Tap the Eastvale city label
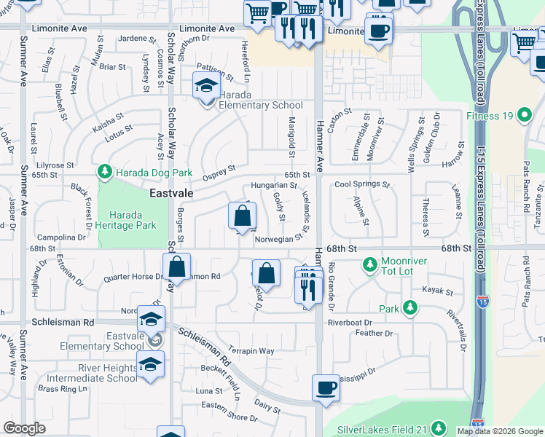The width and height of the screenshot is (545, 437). [172, 194]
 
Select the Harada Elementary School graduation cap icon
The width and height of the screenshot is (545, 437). [206, 87]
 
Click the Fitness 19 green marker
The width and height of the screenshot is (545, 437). [523, 116]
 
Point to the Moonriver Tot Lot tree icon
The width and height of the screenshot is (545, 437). [371, 263]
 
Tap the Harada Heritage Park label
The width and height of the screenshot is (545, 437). [133, 221]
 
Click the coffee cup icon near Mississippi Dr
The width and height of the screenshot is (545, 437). [326, 387]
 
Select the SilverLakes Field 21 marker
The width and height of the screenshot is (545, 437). [439, 428]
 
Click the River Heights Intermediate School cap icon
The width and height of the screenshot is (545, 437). [151, 365]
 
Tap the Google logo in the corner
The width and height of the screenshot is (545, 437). [24, 428]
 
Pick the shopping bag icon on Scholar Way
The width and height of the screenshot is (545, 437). [177, 267]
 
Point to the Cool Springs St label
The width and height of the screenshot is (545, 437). [362, 184]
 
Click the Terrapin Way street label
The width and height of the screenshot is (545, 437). [251, 351]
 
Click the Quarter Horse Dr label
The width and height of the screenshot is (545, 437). [133, 276]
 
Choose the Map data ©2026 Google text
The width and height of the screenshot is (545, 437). [499, 431]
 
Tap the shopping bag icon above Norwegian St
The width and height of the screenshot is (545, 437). [242, 216]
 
